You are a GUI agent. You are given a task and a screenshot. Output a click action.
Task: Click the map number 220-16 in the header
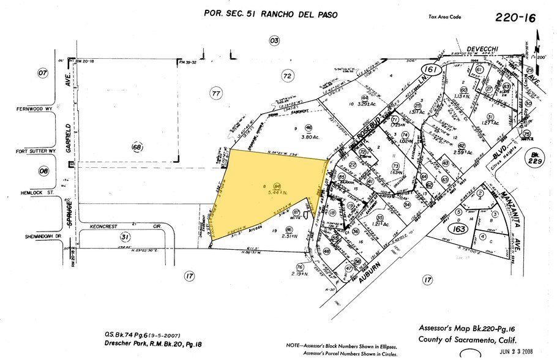point(514,18)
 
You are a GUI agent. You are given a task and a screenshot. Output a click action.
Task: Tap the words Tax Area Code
point(446,17)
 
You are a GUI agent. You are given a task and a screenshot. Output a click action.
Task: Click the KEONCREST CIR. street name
point(110,225)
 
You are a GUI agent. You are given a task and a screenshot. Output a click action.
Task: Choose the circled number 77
point(215,94)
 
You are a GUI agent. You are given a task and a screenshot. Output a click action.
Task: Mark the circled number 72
point(286,76)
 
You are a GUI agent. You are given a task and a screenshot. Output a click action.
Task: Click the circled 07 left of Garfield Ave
point(42,73)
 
